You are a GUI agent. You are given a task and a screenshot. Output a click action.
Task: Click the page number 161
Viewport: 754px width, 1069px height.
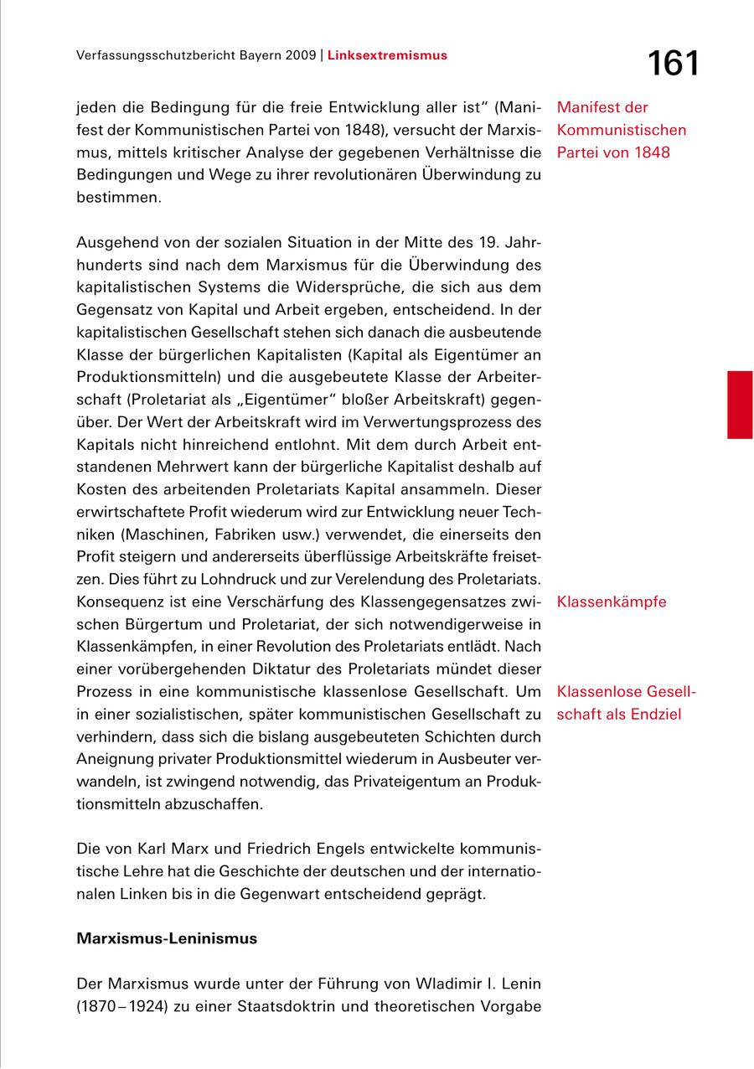pyautogui.click(x=673, y=64)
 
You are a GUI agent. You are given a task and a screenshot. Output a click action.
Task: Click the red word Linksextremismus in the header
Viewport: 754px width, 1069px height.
pyautogui.click(x=387, y=55)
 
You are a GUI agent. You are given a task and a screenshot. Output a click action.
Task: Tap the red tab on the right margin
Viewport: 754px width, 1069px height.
pyautogui.click(x=740, y=405)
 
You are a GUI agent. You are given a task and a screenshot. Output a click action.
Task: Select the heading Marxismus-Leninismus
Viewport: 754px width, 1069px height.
pyautogui.click(x=167, y=938)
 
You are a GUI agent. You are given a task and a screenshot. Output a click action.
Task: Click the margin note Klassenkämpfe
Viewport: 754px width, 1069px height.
pyautogui.click(x=612, y=602)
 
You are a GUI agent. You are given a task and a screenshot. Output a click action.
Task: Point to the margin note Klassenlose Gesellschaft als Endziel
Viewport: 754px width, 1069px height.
pyautogui.click(x=625, y=703)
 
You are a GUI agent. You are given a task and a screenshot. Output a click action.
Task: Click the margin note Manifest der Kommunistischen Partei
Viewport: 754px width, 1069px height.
pyautogui.click(x=621, y=130)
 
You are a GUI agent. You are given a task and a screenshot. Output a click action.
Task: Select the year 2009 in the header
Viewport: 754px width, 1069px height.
pyautogui.click(x=300, y=55)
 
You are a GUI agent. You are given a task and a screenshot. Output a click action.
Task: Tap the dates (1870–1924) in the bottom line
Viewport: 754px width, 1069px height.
pyautogui.click(x=124, y=1006)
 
